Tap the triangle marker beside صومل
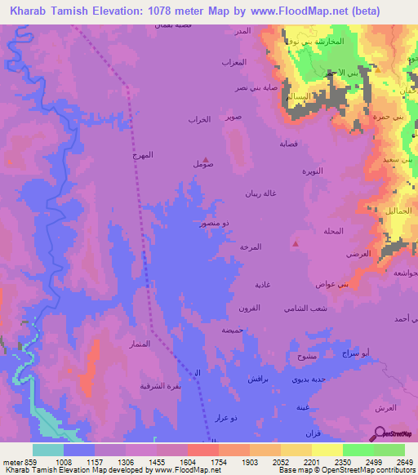(205, 160)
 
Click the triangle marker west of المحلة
(296, 242)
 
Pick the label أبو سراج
(358, 352)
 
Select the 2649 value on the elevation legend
(405, 461)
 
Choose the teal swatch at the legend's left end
(48, 450)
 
